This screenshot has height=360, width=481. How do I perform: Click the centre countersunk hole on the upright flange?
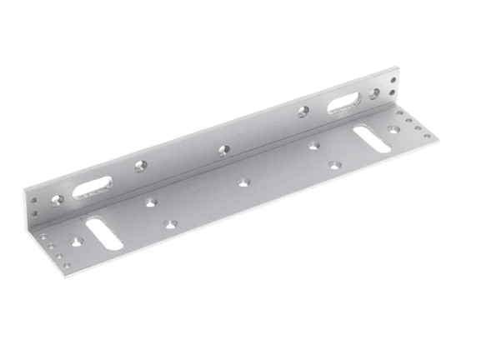click(223, 151)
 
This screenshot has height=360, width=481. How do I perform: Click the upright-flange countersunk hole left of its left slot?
click(56, 202)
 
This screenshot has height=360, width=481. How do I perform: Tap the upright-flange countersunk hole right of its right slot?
click(375, 92)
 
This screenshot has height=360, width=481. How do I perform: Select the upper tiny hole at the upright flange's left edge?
click(34, 199)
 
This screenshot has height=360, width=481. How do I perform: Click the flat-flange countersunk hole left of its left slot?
click(78, 241)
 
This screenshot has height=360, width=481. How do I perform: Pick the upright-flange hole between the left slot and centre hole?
click(139, 169)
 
